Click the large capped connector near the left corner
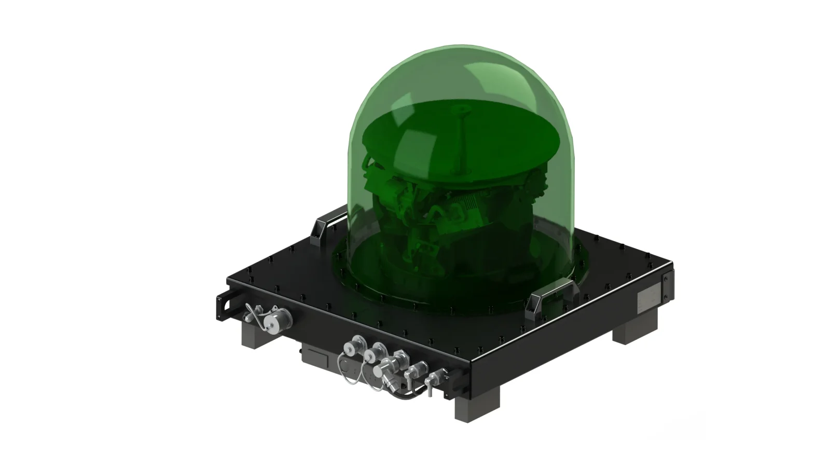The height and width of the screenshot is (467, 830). pyautogui.click(x=271, y=322)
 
